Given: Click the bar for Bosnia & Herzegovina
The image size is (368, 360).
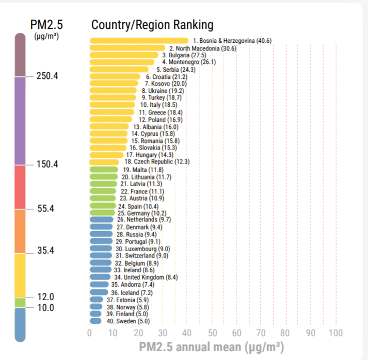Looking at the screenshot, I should click(x=138, y=41).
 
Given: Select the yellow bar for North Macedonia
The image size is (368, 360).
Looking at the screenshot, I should click(x=127, y=48).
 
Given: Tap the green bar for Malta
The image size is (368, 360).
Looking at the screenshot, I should click(x=104, y=169).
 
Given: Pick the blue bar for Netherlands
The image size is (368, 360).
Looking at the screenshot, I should click(x=101, y=220).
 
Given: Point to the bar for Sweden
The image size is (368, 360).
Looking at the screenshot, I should click(x=95, y=321).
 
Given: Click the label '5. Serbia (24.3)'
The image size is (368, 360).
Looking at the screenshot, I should click(x=175, y=70).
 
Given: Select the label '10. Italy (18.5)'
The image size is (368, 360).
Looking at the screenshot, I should click(x=158, y=105).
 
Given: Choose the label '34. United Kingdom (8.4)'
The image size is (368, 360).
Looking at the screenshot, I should click(x=146, y=277).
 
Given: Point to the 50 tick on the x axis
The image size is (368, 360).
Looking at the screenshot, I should click(x=212, y=333).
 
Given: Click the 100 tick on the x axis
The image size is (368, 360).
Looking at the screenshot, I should click(x=335, y=333).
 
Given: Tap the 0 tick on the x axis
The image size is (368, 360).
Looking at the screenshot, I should click(x=90, y=333).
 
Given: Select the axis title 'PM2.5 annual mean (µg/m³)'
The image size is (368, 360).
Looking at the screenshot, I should click(x=211, y=347).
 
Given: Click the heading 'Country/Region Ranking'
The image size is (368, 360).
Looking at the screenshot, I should click(x=152, y=25).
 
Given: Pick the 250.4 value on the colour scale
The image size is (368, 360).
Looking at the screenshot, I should click(x=47, y=76).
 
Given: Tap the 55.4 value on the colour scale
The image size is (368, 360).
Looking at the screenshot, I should click(x=47, y=209).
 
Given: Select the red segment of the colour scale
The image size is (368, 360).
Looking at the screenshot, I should click(x=20, y=187).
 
